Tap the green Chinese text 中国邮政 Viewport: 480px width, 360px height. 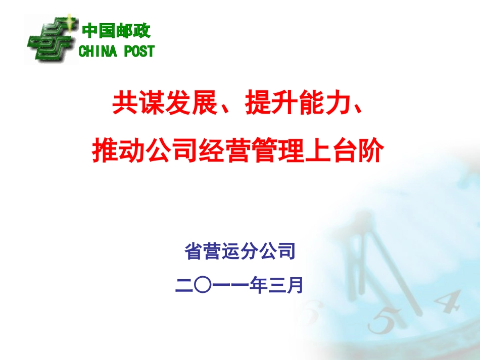click(116, 31)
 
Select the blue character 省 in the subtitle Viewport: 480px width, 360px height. click(195, 251)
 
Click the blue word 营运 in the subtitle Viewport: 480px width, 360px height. click(222, 251)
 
